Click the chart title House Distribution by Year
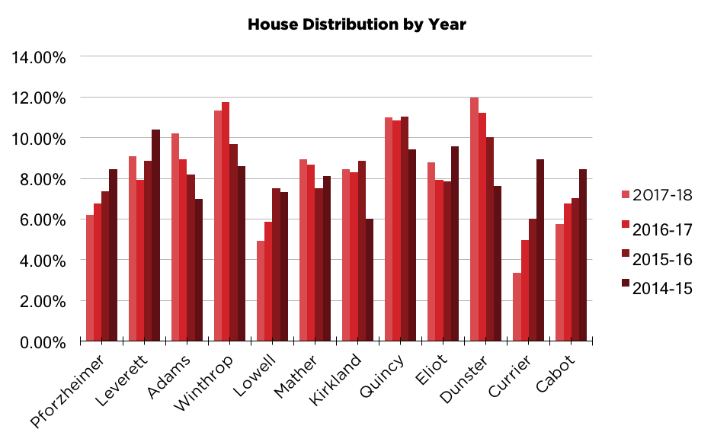[x=357, y=24]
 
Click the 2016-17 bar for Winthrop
[x=226, y=222]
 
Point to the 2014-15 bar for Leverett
[x=155, y=235]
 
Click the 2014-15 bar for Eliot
[x=455, y=244]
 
